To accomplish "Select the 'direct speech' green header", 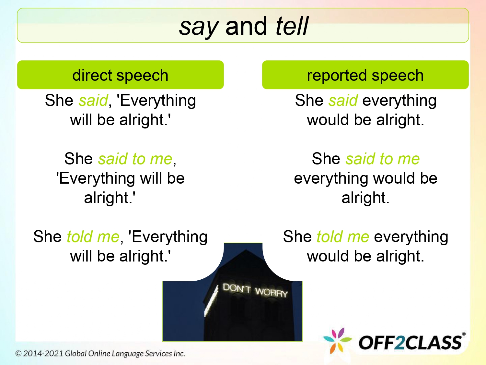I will click(120, 75).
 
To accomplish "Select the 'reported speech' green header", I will click(365, 75).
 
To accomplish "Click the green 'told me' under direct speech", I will click(93, 237).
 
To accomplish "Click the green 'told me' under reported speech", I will click(343, 237).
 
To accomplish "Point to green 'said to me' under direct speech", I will click(135, 159).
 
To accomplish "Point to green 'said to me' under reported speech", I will click(383, 159).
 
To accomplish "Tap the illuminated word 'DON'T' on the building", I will click(237, 288).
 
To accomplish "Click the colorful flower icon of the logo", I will click(337, 341).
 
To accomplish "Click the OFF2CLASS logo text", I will click(410, 343).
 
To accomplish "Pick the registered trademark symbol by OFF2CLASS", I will click(464, 334).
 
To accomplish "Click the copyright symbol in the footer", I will click(18, 353).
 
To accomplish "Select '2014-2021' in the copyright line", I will click(43, 353).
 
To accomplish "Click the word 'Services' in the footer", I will click(158, 353).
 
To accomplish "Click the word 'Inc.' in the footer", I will click(179, 353).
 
